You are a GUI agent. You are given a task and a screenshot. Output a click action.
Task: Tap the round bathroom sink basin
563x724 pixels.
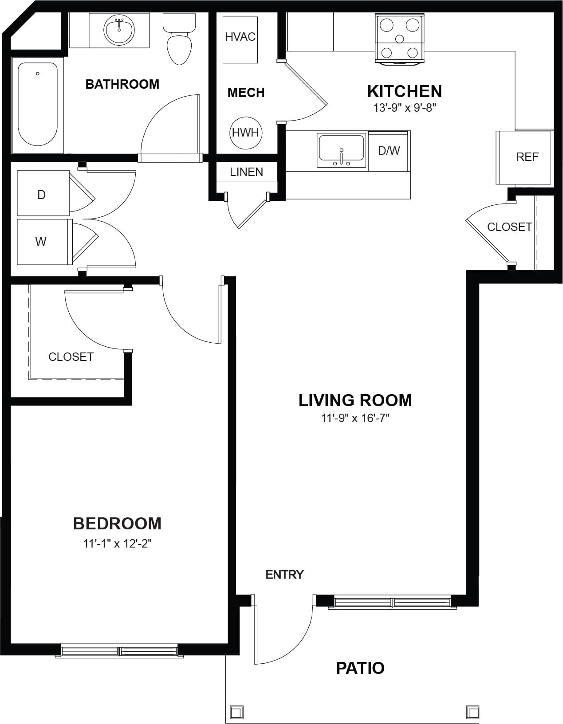119,30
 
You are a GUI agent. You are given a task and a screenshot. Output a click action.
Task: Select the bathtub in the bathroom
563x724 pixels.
37,104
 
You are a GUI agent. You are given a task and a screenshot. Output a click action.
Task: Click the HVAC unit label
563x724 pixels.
240,37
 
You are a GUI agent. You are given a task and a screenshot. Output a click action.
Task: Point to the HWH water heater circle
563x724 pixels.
246,133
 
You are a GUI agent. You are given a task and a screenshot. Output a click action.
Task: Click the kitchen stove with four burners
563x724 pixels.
399,39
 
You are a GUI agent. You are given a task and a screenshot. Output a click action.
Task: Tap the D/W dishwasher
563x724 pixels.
389,151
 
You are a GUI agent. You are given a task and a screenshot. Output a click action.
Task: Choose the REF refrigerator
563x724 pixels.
524,157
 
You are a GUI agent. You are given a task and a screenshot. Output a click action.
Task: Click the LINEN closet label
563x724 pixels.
246,172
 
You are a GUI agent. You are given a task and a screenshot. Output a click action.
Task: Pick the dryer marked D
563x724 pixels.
43,193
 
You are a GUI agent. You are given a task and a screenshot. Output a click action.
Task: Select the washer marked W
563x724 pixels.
45,242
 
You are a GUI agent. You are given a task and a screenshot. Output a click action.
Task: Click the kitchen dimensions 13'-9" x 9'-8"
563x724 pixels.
405,108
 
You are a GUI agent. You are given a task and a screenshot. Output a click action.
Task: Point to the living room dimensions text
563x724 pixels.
355,418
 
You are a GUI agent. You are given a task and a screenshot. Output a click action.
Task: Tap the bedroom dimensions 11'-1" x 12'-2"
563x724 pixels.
117,544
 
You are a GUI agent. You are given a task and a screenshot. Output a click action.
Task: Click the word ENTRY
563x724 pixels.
285,575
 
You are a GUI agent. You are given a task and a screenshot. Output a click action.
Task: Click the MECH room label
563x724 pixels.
246,93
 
